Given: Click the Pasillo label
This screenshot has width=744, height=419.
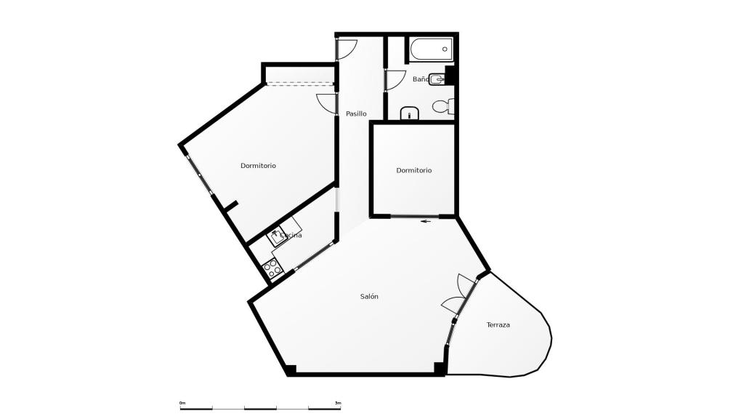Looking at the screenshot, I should (x=356, y=113).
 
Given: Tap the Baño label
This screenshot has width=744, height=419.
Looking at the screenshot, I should (x=420, y=79).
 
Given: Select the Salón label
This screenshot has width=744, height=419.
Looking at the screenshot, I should (x=369, y=296).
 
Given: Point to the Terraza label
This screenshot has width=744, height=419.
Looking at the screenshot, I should (x=498, y=324).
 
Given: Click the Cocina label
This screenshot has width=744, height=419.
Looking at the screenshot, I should (x=291, y=235).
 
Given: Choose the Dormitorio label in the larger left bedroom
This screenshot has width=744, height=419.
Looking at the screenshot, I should (x=258, y=166).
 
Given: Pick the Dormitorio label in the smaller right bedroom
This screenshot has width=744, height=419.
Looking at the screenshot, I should (x=413, y=170).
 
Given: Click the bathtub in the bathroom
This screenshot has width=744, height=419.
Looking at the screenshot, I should (x=431, y=50).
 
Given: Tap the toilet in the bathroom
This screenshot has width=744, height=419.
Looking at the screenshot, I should (x=442, y=106).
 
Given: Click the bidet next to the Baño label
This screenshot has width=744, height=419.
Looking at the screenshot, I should (x=437, y=79).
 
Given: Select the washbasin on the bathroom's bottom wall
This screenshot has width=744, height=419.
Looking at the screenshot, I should (x=410, y=113).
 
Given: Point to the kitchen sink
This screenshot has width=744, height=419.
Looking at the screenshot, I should (x=277, y=236).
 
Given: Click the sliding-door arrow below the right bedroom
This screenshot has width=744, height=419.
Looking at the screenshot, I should (x=425, y=221).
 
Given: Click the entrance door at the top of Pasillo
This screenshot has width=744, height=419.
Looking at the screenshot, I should (x=346, y=48).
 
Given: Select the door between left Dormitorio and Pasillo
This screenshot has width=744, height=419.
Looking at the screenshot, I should (x=328, y=103).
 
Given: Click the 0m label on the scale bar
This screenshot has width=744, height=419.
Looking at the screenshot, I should (x=182, y=402).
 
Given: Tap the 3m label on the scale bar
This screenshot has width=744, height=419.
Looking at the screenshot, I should (x=338, y=402).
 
